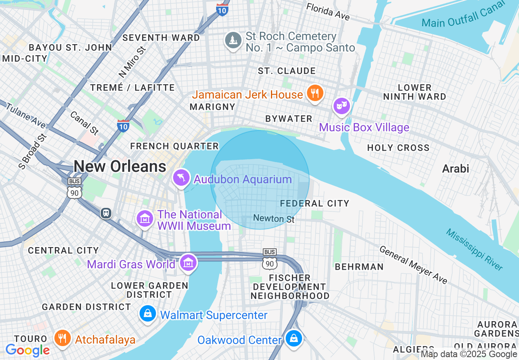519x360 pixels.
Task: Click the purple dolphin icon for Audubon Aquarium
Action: (x=181, y=178)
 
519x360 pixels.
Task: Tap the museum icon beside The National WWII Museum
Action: (x=144, y=219)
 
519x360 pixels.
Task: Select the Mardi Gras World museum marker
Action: (x=188, y=263)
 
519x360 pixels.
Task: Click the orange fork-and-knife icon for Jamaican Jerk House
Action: (x=314, y=93)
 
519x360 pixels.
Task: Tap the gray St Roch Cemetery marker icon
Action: (x=233, y=40)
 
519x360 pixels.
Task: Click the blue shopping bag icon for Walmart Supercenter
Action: (x=147, y=314)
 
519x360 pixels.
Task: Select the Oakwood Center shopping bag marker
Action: (x=293, y=338)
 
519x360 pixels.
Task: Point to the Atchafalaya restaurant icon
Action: (x=62, y=338)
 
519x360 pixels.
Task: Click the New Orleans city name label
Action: (x=120, y=166)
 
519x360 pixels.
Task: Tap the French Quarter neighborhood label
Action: (x=174, y=146)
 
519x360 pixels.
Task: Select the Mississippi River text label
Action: (x=474, y=250)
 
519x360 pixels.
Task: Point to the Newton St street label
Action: (x=274, y=219)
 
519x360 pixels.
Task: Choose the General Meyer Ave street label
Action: (x=413, y=264)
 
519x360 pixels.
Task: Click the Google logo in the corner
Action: (x=28, y=350)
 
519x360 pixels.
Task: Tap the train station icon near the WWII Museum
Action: (x=106, y=213)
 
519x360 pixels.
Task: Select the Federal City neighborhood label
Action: (x=314, y=203)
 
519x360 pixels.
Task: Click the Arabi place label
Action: (x=456, y=169)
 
